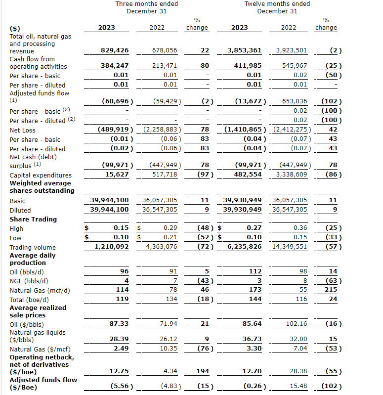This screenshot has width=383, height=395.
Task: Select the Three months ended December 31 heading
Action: [146, 7]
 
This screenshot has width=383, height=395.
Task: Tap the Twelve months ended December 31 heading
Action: [277, 7]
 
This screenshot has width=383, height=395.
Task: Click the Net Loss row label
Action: [23, 130]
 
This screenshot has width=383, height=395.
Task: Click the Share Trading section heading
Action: [33, 219]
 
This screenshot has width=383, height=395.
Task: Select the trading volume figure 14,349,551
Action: [290, 247]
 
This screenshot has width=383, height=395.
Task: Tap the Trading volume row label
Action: [33, 247]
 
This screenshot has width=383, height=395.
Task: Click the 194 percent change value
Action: [203, 371]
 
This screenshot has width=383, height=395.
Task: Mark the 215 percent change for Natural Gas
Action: [331, 290]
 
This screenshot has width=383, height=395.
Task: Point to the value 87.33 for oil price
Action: [119, 323]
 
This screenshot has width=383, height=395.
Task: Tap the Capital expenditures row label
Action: [41, 175]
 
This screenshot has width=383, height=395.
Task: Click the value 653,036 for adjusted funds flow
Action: [294, 101]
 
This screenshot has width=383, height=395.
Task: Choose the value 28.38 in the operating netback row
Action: [298, 371]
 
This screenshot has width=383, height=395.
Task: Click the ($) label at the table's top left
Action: [15, 28]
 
